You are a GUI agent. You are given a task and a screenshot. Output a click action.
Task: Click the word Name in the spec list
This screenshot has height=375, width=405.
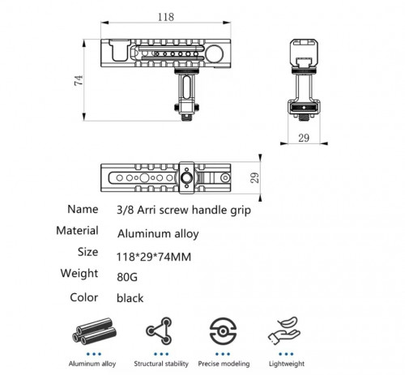[83, 209]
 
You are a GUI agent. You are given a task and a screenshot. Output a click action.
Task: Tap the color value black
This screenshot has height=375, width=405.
[130, 298]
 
